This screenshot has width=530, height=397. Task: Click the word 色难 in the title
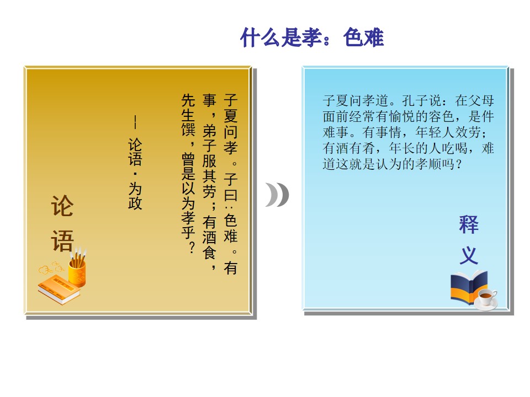364,37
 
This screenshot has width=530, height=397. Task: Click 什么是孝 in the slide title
281,37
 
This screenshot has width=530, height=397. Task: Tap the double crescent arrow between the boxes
277,195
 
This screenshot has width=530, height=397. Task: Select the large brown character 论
62,206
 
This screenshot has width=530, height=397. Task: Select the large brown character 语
62,241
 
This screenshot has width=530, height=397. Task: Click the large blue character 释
469,224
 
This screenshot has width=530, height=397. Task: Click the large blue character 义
469,255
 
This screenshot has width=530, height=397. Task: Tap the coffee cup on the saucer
486,299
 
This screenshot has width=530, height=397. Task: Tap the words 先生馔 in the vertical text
188,115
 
